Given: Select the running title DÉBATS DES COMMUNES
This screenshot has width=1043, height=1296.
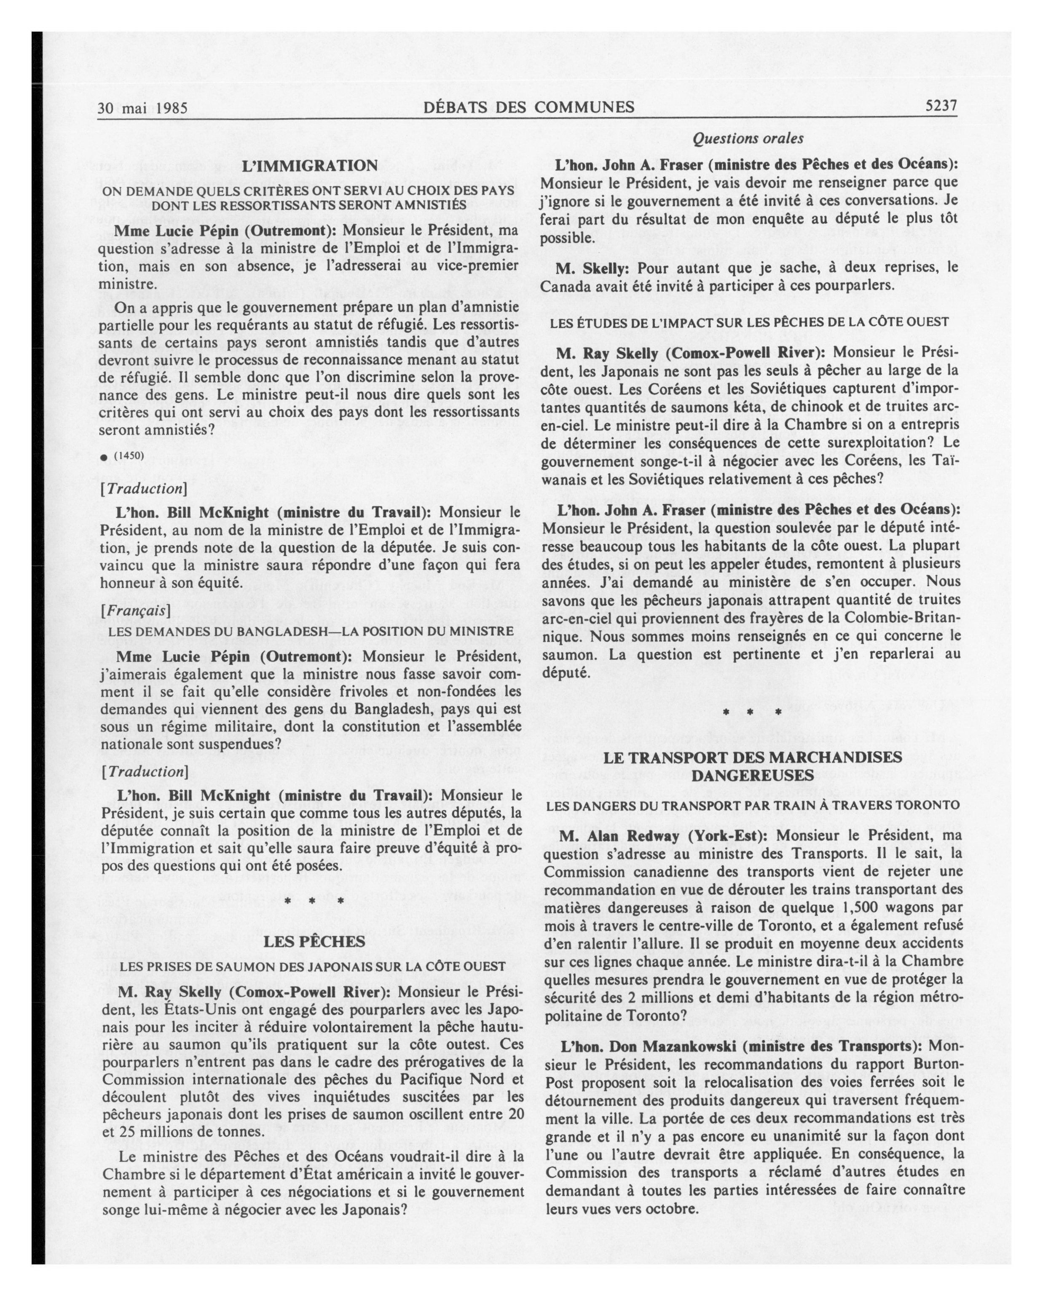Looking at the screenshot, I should pos(528,107).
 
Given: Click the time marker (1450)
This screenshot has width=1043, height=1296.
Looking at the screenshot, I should pos(129,455).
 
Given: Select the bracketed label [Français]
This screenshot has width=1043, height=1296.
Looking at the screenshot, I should pos(135,610).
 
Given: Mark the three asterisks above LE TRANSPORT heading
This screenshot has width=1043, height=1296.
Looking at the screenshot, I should pos(752,713).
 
